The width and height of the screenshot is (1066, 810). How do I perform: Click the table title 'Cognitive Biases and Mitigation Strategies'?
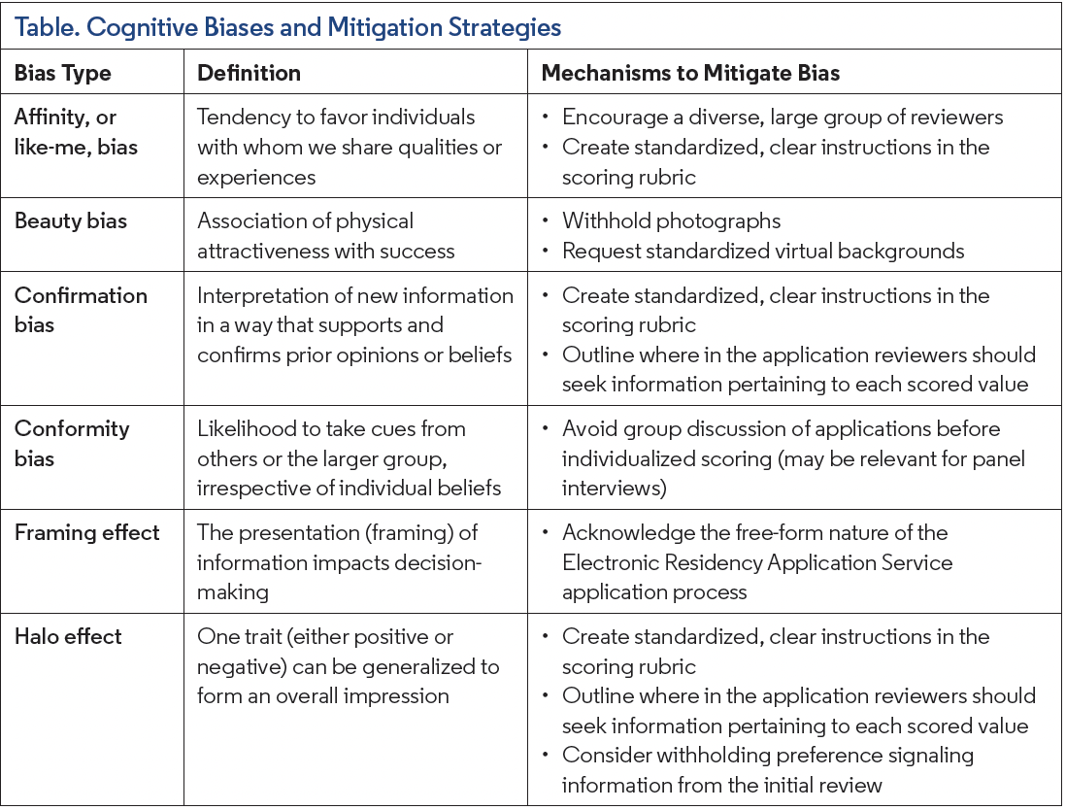(287, 26)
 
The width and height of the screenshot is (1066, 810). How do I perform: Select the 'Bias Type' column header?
(63, 73)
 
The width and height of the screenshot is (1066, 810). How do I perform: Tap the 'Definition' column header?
(249, 73)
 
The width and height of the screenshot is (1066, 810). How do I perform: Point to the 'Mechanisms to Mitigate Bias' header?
(690, 73)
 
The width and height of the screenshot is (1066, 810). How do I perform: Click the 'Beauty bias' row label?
(71, 220)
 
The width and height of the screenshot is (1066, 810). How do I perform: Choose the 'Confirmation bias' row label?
(81, 309)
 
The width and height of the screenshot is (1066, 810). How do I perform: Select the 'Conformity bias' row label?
(72, 442)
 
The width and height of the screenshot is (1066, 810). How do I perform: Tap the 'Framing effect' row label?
(87, 532)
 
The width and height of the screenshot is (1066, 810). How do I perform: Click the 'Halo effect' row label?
(68, 636)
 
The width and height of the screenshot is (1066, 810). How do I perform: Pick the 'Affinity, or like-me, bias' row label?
(76, 132)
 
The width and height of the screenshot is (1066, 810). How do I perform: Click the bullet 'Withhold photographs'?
(671, 220)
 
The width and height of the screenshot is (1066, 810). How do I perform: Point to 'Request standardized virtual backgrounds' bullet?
(763, 251)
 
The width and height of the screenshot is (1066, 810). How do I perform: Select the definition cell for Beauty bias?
(325, 236)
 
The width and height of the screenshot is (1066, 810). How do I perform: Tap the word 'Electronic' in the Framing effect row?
(615, 562)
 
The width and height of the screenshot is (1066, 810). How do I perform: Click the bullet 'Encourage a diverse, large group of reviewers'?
(783, 117)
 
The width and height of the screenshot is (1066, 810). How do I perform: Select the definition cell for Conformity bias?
(349, 457)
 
